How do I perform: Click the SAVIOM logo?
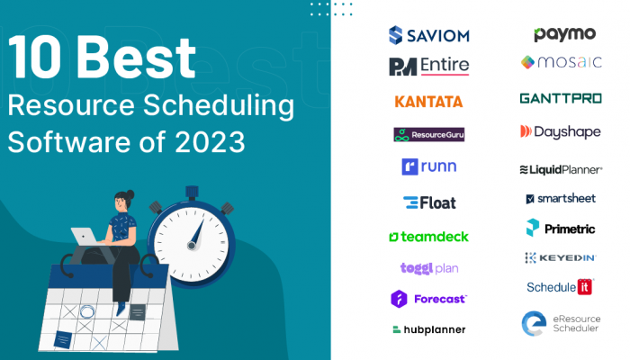pyautogui.click(x=428, y=35)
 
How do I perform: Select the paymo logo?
pyautogui.click(x=564, y=34)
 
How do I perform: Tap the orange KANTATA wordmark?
pyautogui.click(x=428, y=102)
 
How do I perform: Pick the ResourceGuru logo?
pyautogui.click(x=428, y=135)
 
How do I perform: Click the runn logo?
pyautogui.click(x=428, y=166)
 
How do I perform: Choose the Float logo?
pyautogui.click(x=429, y=202)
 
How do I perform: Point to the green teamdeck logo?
pyautogui.click(x=428, y=237)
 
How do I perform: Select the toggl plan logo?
pyautogui.click(x=429, y=268)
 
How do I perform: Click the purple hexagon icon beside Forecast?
pyautogui.click(x=399, y=299)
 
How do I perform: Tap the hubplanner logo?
pyautogui.click(x=428, y=330)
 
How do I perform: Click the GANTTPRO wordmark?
pyautogui.click(x=561, y=98)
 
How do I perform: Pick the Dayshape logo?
pyautogui.click(x=561, y=131)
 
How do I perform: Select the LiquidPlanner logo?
pyautogui.click(x=561, y=170)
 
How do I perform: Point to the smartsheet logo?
pyautogui.click(x=561, y=199)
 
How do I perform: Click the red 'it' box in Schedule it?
pyautogui.click(x=585, y=287)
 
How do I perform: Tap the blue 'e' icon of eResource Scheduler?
pyautogui.click(x=534, y=323)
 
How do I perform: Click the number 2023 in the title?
pyautogui.click(x=210, y=142)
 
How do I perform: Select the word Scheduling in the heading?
pyautogui.click(x=219, y=106)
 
